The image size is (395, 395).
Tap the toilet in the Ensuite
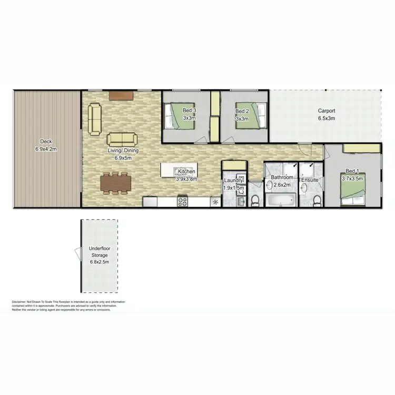316,200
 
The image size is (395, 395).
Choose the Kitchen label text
187,172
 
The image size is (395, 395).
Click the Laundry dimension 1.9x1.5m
234,187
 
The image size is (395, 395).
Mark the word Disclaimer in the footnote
22,302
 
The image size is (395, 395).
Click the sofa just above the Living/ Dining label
122,140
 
